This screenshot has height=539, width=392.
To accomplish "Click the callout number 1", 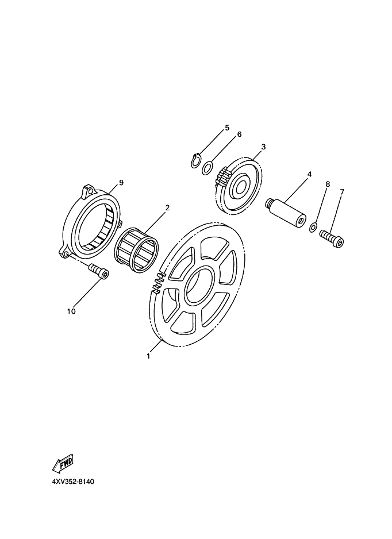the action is click(x=148, y=356).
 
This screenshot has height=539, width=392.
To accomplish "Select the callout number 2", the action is click(x=167, y=207).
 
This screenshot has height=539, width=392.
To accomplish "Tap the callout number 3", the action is click(x=263, y=147).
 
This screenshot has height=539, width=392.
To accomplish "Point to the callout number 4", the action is click(x=309, y=174).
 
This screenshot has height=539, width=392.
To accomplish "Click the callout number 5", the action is click(x=227, y=128).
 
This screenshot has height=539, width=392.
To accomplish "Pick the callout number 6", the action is click(x=239, y=134).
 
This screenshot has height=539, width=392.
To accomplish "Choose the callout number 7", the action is click(x=341, y=191).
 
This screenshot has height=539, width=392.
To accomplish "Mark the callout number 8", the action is click(x=328, y=184).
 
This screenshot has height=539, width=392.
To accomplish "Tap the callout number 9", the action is click(x=121, y=183).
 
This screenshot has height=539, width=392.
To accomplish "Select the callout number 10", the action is click(x=71, y=311).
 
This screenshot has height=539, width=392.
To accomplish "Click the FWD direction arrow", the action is click(x=63, y=463).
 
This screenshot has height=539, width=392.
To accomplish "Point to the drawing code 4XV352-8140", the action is click(x=73, y=482).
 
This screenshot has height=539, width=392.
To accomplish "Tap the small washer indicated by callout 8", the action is click(x=313, y=227).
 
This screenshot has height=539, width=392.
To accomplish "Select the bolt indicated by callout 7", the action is click(x=331, y=238).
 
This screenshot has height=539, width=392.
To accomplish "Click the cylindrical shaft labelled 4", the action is click(x=286, y=213).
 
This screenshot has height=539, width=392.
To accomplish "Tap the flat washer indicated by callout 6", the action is click(x=207, y=168).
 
